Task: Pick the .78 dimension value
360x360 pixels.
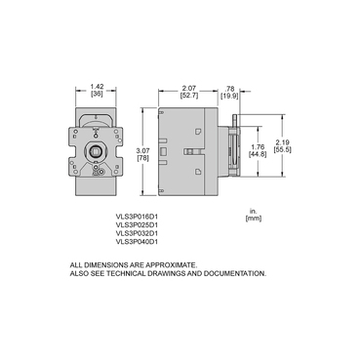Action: (x=228, y=86)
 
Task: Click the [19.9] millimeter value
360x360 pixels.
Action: (x=228, y=95)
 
